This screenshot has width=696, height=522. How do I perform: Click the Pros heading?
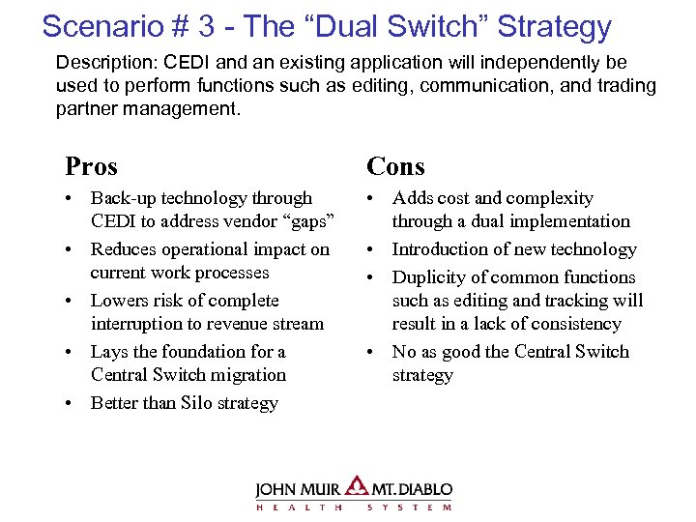[91, 166]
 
